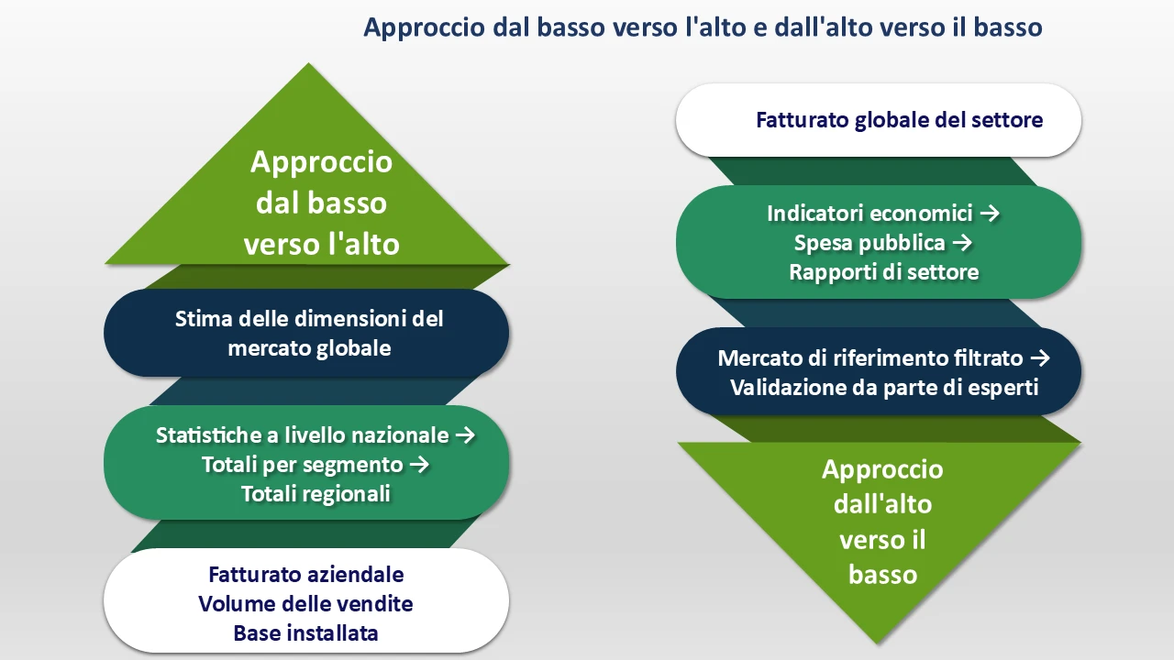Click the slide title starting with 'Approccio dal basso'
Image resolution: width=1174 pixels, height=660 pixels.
[x=703, y=27]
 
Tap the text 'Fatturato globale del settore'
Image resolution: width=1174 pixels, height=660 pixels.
[x=899, y=120]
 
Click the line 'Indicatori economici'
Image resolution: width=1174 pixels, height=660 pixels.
[x=869, y=214]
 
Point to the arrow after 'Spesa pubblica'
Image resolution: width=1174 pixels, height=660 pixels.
[x=961, y=243]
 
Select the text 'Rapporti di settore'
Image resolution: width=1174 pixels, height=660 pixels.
[x=883, y=272]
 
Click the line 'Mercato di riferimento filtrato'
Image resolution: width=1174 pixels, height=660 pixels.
[x=871, y=357]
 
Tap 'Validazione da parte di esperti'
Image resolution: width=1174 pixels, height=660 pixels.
[x=883, y=387]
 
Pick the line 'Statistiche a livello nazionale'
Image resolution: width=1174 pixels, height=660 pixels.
[x=303, y=434]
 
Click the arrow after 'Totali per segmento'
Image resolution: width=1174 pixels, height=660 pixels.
[x=419, y=465]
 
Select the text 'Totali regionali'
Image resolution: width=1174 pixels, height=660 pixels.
[x=316, y=494]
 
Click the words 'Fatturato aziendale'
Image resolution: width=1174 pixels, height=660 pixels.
[x=306, y=575]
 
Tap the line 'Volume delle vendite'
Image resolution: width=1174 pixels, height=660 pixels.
[x=305, y=604]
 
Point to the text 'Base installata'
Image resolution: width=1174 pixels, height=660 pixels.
[x=305, y=633]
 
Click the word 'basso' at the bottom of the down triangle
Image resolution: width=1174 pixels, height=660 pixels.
[x=882, y=575]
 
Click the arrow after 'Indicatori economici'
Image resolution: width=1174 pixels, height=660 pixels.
[x=989, y=214]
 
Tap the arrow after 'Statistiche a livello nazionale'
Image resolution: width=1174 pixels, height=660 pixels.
[x=466, y=434]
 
